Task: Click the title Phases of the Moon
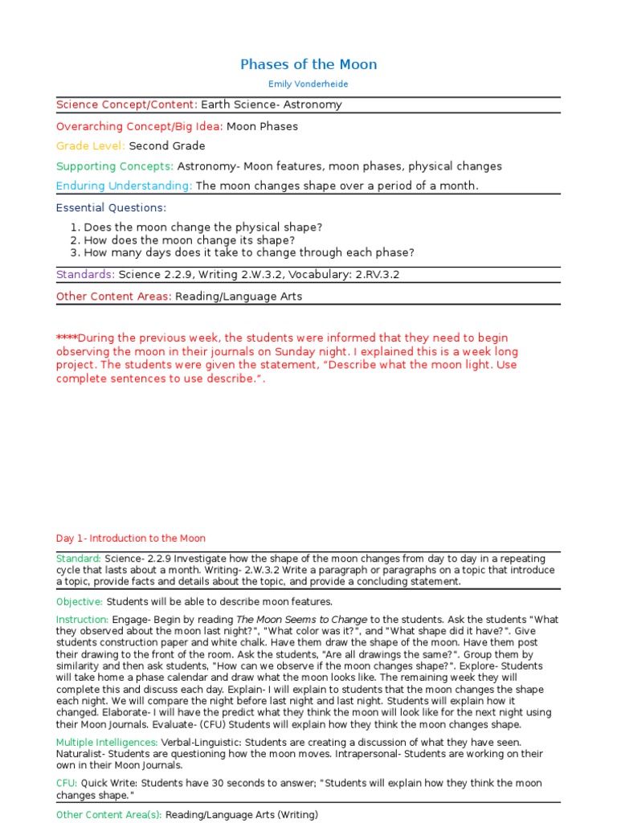coord(308,64)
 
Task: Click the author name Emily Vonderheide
coord(308,84)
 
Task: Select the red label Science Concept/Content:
coord(127,104)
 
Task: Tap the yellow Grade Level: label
coord(91,146)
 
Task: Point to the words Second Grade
coord(167,146)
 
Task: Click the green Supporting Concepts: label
coord(115,166)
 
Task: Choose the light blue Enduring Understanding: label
coord(125,186)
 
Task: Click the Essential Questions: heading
coord(111,207)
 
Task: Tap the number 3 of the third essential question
coord(74,252)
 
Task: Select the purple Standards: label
coord(86,275)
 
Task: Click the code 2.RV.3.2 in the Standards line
coord(372,275)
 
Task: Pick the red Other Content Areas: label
coord(114,297)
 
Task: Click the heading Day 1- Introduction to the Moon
coord(131,538)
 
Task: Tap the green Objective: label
coord(80,602)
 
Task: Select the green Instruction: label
coord(82,620)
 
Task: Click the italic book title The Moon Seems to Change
coord(301,620)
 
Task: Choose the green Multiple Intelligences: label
coord(107,742)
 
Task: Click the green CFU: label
coord(67,784)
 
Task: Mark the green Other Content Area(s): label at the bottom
coord(109,815)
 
